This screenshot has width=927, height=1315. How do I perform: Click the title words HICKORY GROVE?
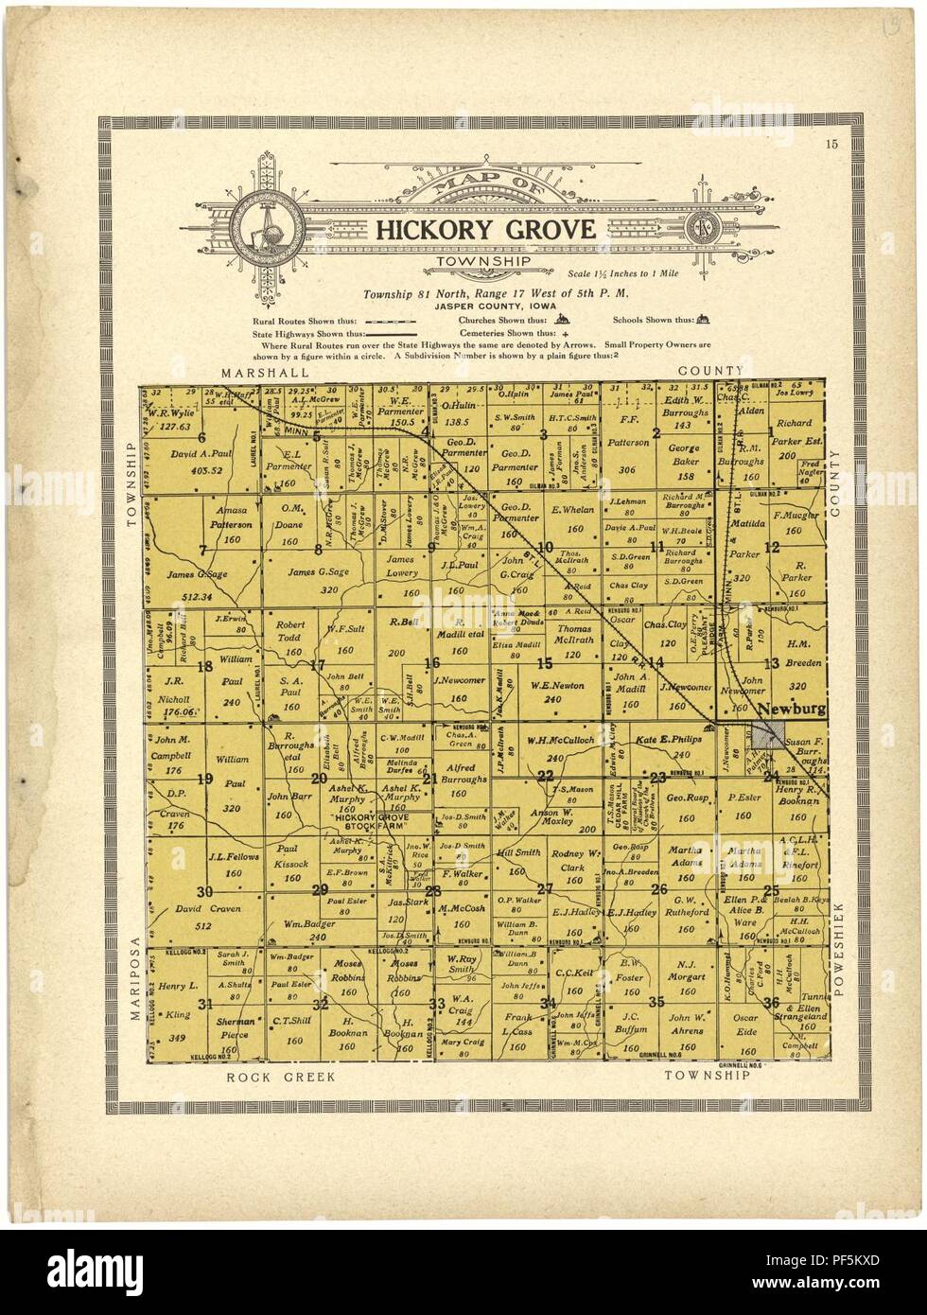[486, 228]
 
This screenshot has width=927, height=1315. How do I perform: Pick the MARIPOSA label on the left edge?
[134, 979]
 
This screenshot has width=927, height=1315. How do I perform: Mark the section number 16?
[433, 662]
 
